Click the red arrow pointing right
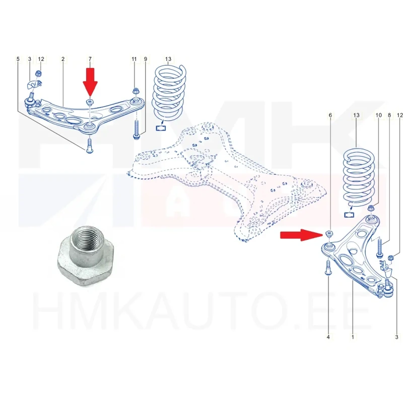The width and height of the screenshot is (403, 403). point(301,235)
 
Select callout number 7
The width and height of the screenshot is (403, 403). point(90,59)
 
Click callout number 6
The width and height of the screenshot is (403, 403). point(330,115)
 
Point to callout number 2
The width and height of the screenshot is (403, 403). point(63,59)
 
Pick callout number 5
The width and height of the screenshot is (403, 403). point(18,59)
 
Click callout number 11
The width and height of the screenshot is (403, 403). point(134,59)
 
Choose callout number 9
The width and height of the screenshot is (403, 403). point(146,59)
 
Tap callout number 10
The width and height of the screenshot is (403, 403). point(379,115)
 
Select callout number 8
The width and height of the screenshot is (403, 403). point(389,115)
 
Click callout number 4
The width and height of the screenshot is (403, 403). point(328,337)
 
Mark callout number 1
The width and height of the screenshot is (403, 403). point(353,337)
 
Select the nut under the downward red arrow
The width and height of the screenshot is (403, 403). point(90,102)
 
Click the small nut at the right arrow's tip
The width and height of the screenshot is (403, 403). point(329,234)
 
